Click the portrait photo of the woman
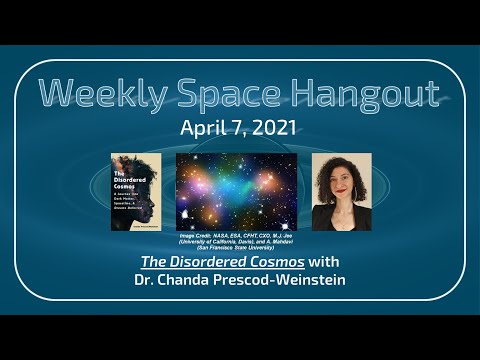click(x=341, y=192)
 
